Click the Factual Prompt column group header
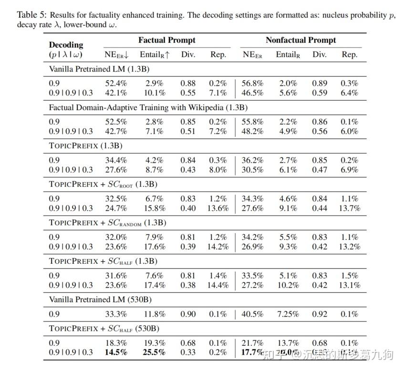(167, 40)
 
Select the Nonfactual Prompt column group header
(300, 40)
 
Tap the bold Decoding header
(66, 45)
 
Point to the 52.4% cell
(116, 83)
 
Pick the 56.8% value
(252, 83)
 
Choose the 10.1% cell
(155, 93)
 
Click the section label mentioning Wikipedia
(148, 107)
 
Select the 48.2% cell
(252, 132)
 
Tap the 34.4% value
(116, 160)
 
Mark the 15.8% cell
(155, 208)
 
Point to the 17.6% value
(155, 247)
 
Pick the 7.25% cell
(287, 314)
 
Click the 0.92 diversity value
(320, 314)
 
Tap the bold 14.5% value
(116, 353)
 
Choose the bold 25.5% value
(155, 353)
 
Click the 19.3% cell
(155, 343)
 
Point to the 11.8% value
(155, 314)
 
